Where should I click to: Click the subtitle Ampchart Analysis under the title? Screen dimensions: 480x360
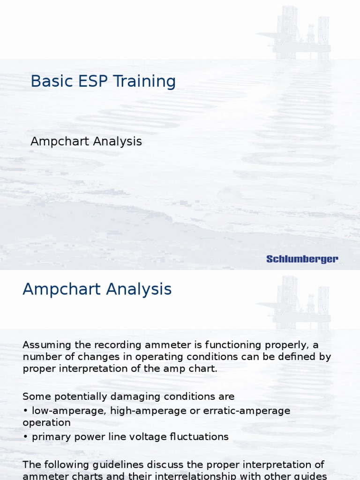point(86,141)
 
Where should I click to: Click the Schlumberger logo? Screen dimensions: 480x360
point(302,259)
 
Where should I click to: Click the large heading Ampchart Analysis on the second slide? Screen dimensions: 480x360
point(97,289)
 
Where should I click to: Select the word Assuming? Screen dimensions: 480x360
point(45,345)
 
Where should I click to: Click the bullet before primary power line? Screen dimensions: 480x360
point(25,437)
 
